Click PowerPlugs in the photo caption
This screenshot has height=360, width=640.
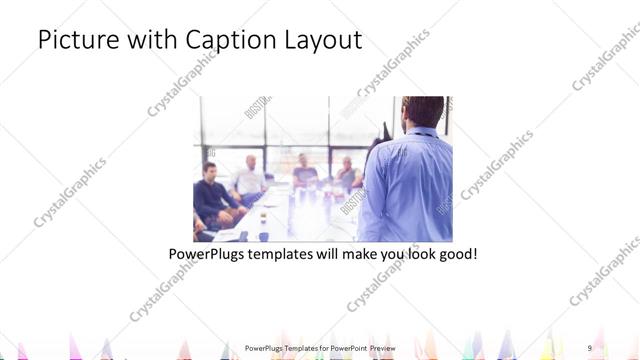point(211,254)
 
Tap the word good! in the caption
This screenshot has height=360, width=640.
point(457,254)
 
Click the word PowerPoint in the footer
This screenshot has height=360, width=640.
point(346,348)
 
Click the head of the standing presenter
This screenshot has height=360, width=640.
point(422,110)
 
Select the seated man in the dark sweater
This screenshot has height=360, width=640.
point(211,195)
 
